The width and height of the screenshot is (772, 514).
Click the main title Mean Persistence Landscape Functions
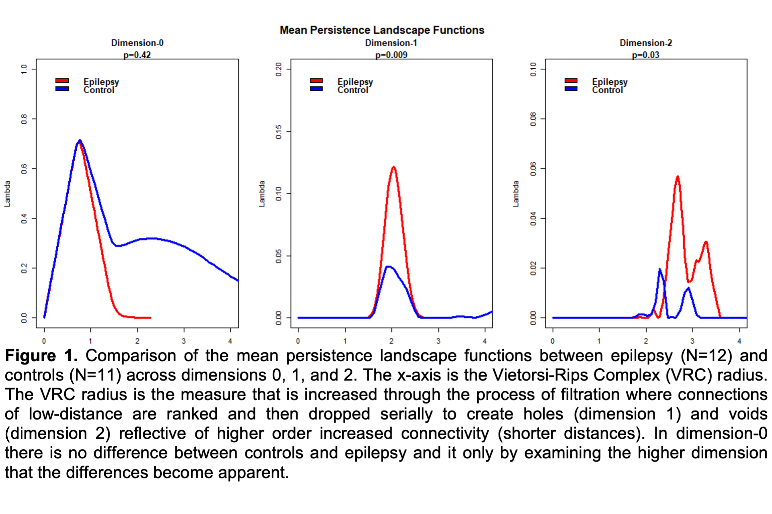click(x=382, y=30)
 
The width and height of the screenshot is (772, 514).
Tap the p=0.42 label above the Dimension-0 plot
click(x=137, y=55)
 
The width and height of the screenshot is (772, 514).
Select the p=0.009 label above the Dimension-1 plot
click(x=391, y=55)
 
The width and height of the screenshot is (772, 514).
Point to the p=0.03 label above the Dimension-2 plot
click(x=645, y=55)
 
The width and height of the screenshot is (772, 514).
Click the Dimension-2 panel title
click(x=645, y=43)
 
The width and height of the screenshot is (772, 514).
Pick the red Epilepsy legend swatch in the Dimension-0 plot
click(x=62, y=81)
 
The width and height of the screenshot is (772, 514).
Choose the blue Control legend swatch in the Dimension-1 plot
click(x=316, y=89)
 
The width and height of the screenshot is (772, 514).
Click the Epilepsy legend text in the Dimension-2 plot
click(x=610, y=82)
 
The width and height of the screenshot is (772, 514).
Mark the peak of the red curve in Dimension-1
click(x=394, y=167)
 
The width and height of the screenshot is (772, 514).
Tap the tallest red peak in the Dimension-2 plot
click(x=678, y=177)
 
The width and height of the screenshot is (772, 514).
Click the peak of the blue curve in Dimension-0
click(x=80, y=141)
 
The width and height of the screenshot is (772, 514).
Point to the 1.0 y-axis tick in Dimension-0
click(x=24, y=69)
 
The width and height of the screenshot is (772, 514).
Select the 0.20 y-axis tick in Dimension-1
click(x=278, y=69)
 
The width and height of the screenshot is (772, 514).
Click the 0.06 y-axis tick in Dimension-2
click(x=533, y=169)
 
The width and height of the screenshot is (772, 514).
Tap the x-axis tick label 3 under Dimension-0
click(x=184, y=341)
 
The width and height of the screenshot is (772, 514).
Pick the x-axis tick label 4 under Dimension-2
click(x=739, y=341)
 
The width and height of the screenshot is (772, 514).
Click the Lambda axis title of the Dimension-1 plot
click(x=262, y=194)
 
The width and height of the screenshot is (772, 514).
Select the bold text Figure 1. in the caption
click(x=41, y=356)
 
